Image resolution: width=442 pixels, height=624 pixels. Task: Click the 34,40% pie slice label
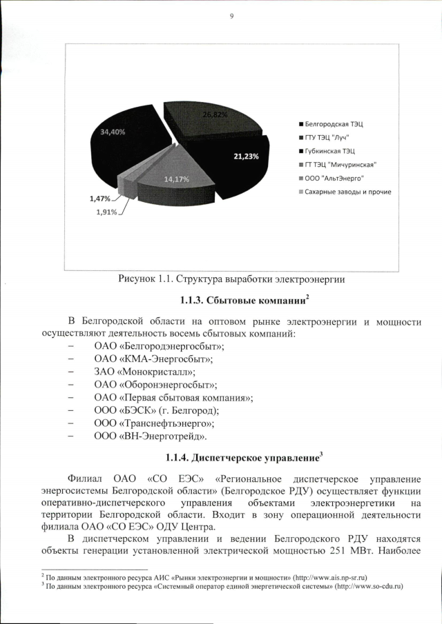(x=113, y=131)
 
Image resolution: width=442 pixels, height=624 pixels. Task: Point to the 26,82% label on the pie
(x=215, y=114)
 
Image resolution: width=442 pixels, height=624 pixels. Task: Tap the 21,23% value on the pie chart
(x=245, y=157)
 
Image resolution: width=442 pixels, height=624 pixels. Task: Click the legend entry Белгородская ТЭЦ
(x=334, y=124)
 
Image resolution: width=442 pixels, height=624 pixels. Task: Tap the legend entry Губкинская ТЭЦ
(x=330, y=150)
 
